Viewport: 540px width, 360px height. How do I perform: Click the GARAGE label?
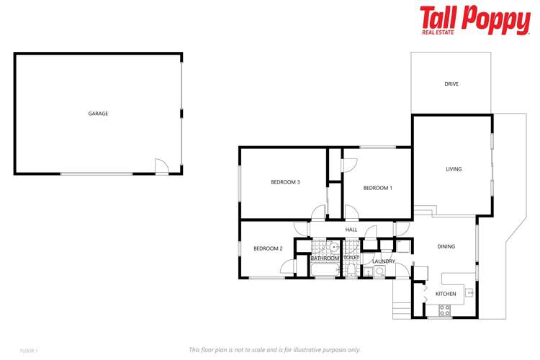[x=98, y=114]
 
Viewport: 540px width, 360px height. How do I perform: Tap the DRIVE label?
[x=451, y=84]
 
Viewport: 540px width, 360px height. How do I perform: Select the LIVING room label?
[x=454, y=169]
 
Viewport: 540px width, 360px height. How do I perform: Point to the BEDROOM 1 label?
[x=377, y=188]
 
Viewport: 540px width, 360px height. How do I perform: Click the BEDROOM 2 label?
[x=268, y=248]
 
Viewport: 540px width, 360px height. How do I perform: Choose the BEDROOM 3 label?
[x=285, y=182]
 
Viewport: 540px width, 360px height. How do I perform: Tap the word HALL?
[x=351, y=230]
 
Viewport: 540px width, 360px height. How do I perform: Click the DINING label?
[x=446, y=247]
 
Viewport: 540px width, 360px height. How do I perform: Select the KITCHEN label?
[x=446, y=294]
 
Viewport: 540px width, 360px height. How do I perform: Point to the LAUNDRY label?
[x=384, y=261]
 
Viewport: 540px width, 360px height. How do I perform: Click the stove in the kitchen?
[x=444, y=310]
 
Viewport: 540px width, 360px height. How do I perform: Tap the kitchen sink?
[x=469, y=292]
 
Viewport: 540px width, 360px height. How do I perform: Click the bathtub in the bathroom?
[x=325, y=270]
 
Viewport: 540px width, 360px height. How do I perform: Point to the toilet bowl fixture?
[x=351, y=270]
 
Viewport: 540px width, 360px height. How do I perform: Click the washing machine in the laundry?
[x=379, y=271]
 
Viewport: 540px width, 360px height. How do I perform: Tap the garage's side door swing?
[x=163, y=167]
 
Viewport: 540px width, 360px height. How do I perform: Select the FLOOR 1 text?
[x=29, y=350]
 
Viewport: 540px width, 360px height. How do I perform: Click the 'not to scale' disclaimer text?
[x=274, y=349]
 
